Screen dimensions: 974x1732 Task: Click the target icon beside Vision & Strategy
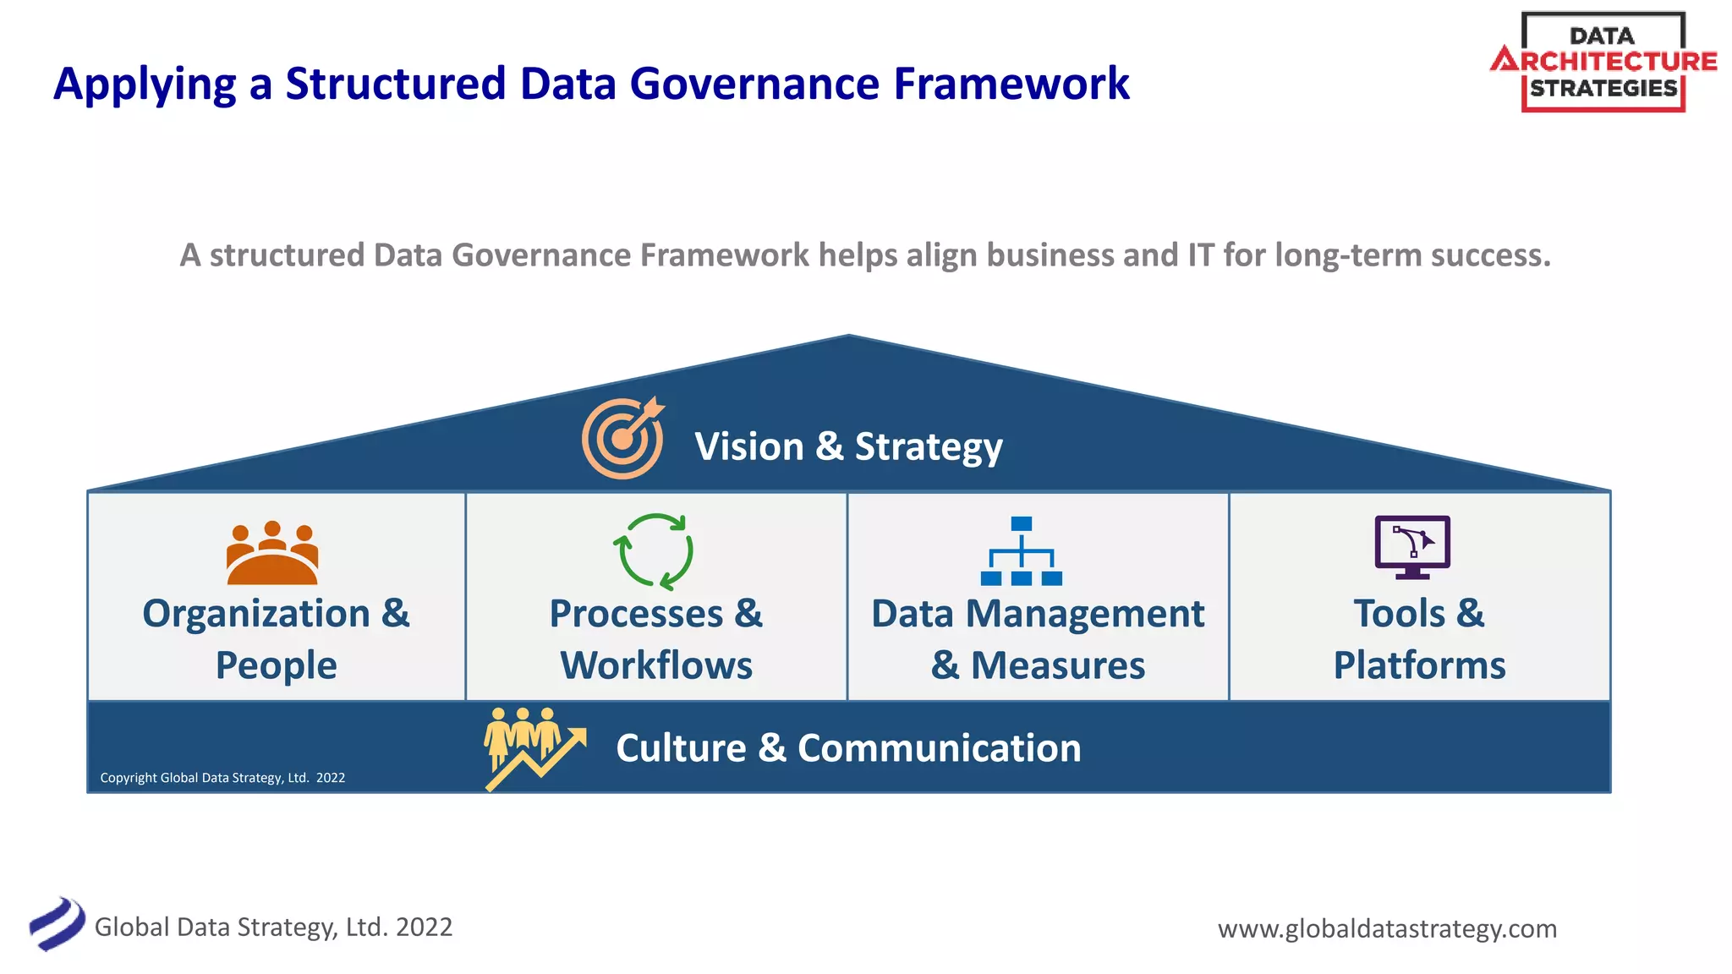pyautogui.click(x=623, y=438)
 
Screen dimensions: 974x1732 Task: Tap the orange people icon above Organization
pyautogui.click(x=272, y=554)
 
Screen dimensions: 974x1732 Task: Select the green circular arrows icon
pyautogui.click(x=653, y=551)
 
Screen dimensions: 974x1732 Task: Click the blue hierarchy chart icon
pyautogui.click(x=1022, y=551)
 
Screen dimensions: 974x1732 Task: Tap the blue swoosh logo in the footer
pyautogui.click(x=57, y=924)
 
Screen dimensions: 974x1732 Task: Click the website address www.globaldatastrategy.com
pyautogui.click(x=1387, y=928)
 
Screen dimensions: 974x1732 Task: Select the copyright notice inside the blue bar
pyautogui.click(x=222, y=778)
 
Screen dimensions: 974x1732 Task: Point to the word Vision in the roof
pyautogui.click(x=749, y=446)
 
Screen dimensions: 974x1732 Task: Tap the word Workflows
pyautogui.click(x=656, y=665)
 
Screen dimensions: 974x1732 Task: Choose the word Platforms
pyautogui.click(x=1419, y=665)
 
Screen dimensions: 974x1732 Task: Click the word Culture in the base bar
pyautogui.click(x=681, y=748)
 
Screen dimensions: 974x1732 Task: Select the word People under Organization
pyautogui.click(x=276, y=665)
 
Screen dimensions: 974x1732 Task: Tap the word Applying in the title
pyautogui.click(x=145, y=85)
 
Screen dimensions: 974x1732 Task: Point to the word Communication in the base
pyautogui.click(x=939, y=748)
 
